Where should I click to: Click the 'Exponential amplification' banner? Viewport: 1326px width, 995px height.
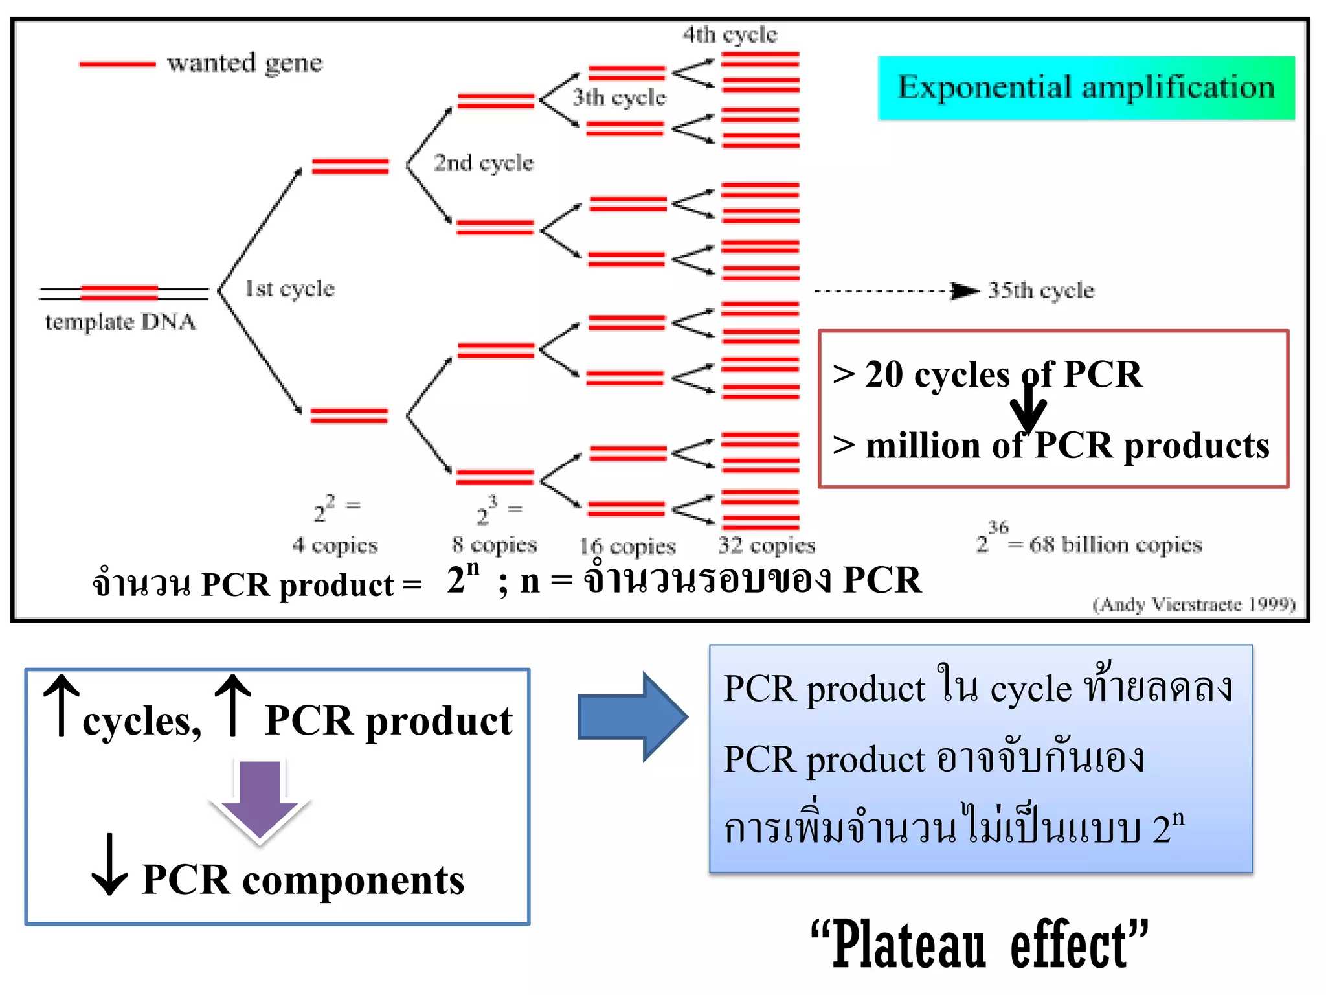point(1086,88)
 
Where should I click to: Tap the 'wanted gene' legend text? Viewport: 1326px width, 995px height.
point(244,63)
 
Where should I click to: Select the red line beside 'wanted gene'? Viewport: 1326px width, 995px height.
point(117,64)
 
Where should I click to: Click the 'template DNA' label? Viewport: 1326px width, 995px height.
point(120,321)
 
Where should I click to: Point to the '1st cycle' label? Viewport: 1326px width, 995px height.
point(289,288)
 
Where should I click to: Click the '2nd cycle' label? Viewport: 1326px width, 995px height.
point(483,163)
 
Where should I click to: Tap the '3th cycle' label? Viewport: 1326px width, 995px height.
point(619,97)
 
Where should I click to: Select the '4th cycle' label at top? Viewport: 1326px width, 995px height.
point(730,34)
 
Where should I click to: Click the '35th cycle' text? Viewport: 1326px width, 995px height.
point(1040,290)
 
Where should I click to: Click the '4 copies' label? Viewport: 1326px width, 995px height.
point(335,545)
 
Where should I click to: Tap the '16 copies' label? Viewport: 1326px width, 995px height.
point(627,546)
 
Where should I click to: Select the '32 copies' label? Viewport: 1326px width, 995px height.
point(767,545)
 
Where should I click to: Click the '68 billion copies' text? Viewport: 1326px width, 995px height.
point(1115,544)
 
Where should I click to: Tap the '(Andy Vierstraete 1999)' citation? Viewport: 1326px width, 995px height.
point(1193,604)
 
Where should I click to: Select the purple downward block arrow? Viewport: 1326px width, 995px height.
point(260,800)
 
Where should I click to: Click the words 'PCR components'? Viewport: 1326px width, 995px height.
point(302,880)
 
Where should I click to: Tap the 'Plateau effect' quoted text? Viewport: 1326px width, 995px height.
point(979,945)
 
